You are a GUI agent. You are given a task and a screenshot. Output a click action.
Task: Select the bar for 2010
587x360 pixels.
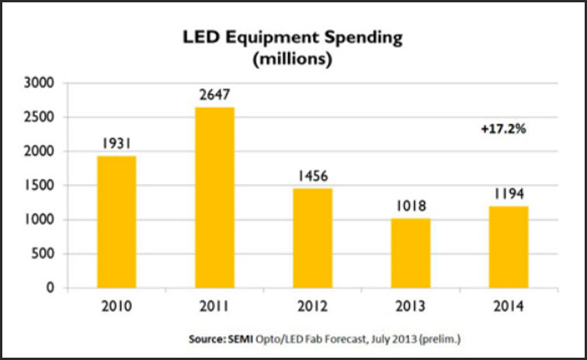pos(116,222)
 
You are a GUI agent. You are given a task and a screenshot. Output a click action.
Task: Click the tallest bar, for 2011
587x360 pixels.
pos(214,197)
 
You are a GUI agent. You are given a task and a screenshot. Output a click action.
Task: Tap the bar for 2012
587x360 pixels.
pos(313,238)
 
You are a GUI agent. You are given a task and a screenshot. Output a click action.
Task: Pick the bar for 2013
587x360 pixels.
pos(411,253)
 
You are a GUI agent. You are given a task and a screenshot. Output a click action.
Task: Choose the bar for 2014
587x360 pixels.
pos(509,247)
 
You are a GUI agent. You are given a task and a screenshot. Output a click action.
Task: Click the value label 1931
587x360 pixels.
pos(116,144)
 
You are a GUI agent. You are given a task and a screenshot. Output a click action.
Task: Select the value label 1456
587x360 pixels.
pos(313,176)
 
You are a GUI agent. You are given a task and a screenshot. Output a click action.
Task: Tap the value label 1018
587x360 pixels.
pos(411,206)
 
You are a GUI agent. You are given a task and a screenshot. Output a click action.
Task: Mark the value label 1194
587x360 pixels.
pos(509,194)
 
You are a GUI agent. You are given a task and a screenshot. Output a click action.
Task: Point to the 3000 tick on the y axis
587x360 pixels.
pos(38,84)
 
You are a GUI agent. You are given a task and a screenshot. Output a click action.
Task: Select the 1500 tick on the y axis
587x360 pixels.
pos(38,186)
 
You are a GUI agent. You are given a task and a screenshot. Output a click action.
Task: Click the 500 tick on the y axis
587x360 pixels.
pos(42,254)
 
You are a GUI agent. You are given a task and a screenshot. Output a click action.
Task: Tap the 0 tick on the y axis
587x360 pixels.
pos(50,288)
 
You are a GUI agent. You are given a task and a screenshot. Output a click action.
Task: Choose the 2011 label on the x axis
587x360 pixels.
pos(214,307)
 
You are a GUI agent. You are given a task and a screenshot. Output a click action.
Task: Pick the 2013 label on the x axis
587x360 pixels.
pos(411,307)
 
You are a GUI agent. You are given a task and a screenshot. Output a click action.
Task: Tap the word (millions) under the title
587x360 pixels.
pos(293,60)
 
